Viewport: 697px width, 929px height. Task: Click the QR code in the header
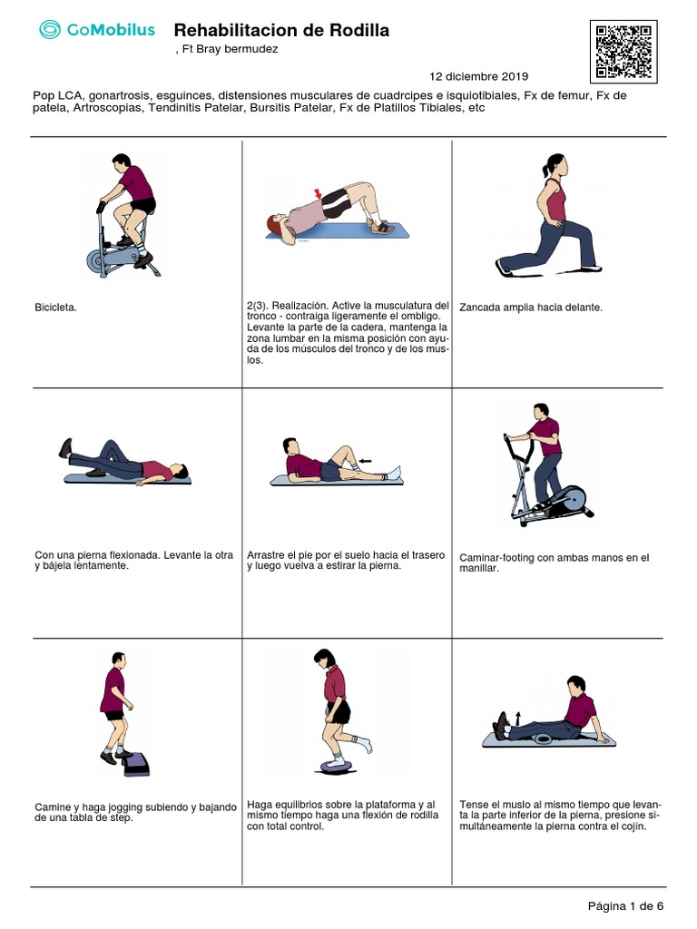(x=623, y=52)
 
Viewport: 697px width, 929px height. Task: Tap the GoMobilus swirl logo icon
(x=50, y=29)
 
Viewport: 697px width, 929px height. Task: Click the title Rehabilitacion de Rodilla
(x=281, y=30)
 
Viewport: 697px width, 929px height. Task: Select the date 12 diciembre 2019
(x=479, y=76)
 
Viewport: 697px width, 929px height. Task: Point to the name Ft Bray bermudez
(x=230, y=49)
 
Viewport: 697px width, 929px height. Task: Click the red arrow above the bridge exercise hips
(x=319, y=194)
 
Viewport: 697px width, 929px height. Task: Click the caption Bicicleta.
(x=55, y=308)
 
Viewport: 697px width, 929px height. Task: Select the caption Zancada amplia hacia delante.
(x=530, y=308)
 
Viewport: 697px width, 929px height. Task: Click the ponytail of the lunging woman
(x=545, y=170)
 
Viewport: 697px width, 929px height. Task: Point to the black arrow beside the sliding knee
(x=365, y=460)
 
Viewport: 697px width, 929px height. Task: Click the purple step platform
(x=137, y=764)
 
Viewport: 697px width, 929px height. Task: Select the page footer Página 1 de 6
(x=625, y=906)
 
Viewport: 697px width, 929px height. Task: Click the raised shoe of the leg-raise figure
(x=65, y=447)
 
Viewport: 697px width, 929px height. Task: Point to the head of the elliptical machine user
(x=541, y=411)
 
